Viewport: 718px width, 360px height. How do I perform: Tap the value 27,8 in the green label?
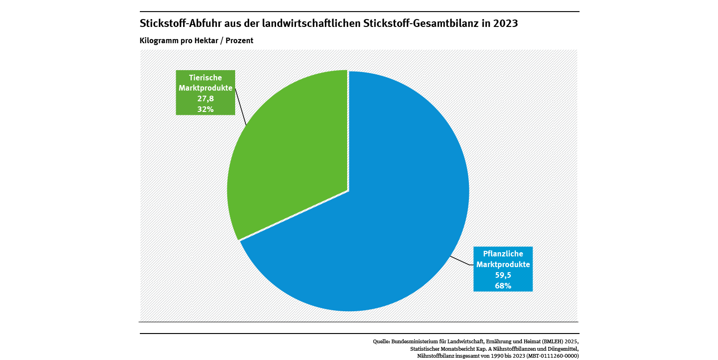coord(205,98)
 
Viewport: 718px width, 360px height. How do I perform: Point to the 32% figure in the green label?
coord(205,109)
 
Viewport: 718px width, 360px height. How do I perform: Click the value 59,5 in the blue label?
coord(503,275)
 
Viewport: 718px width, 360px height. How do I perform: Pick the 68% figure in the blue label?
coord(503,286)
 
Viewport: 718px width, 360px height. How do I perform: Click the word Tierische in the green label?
coord(205,78)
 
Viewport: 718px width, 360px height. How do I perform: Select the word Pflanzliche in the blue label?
coord(503,254)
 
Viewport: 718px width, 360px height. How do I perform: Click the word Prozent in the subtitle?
coord(239,40)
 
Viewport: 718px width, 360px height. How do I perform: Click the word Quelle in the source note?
coord(381,341)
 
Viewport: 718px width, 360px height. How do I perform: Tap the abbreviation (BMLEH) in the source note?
coord(551,341)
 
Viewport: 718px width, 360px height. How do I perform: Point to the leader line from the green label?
coord(241,107)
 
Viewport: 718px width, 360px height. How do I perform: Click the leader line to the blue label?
coord(461,261)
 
